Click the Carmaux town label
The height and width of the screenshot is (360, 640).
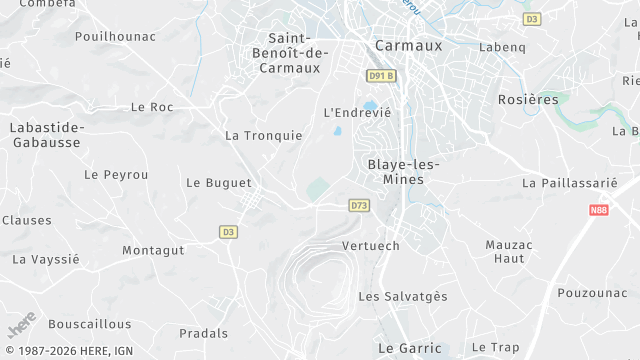[407, 45]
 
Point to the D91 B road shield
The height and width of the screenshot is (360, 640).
[381, 75]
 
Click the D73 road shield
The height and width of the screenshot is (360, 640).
[360, 205]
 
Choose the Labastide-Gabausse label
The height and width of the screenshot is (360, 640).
[47, 135]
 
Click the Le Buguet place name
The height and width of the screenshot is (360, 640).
[219, 183]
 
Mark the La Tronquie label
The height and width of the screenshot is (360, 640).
[263, 135]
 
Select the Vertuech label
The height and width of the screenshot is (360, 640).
[370, 246]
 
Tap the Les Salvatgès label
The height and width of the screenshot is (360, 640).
[403, 296]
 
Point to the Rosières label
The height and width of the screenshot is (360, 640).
[529, 99]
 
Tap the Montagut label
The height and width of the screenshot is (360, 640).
[153, 250]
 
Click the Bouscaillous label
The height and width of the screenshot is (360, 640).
[90, 324]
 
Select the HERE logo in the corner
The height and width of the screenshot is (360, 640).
[21, 325]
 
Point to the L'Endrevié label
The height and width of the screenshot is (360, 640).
[357, 112]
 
